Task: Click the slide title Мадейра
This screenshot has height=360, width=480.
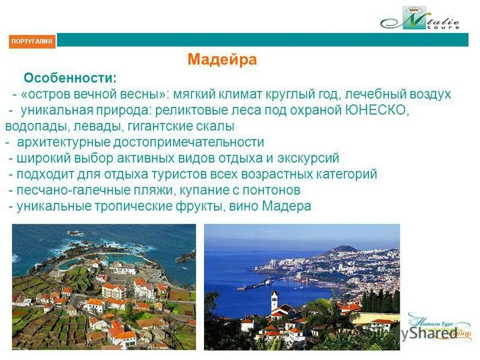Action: (222, 60)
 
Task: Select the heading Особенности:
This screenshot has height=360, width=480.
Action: (70, 79)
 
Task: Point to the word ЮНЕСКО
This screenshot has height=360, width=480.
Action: (377, 110)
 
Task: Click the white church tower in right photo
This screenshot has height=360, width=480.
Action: (274, 300)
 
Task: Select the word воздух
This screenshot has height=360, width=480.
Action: (428, 95)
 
